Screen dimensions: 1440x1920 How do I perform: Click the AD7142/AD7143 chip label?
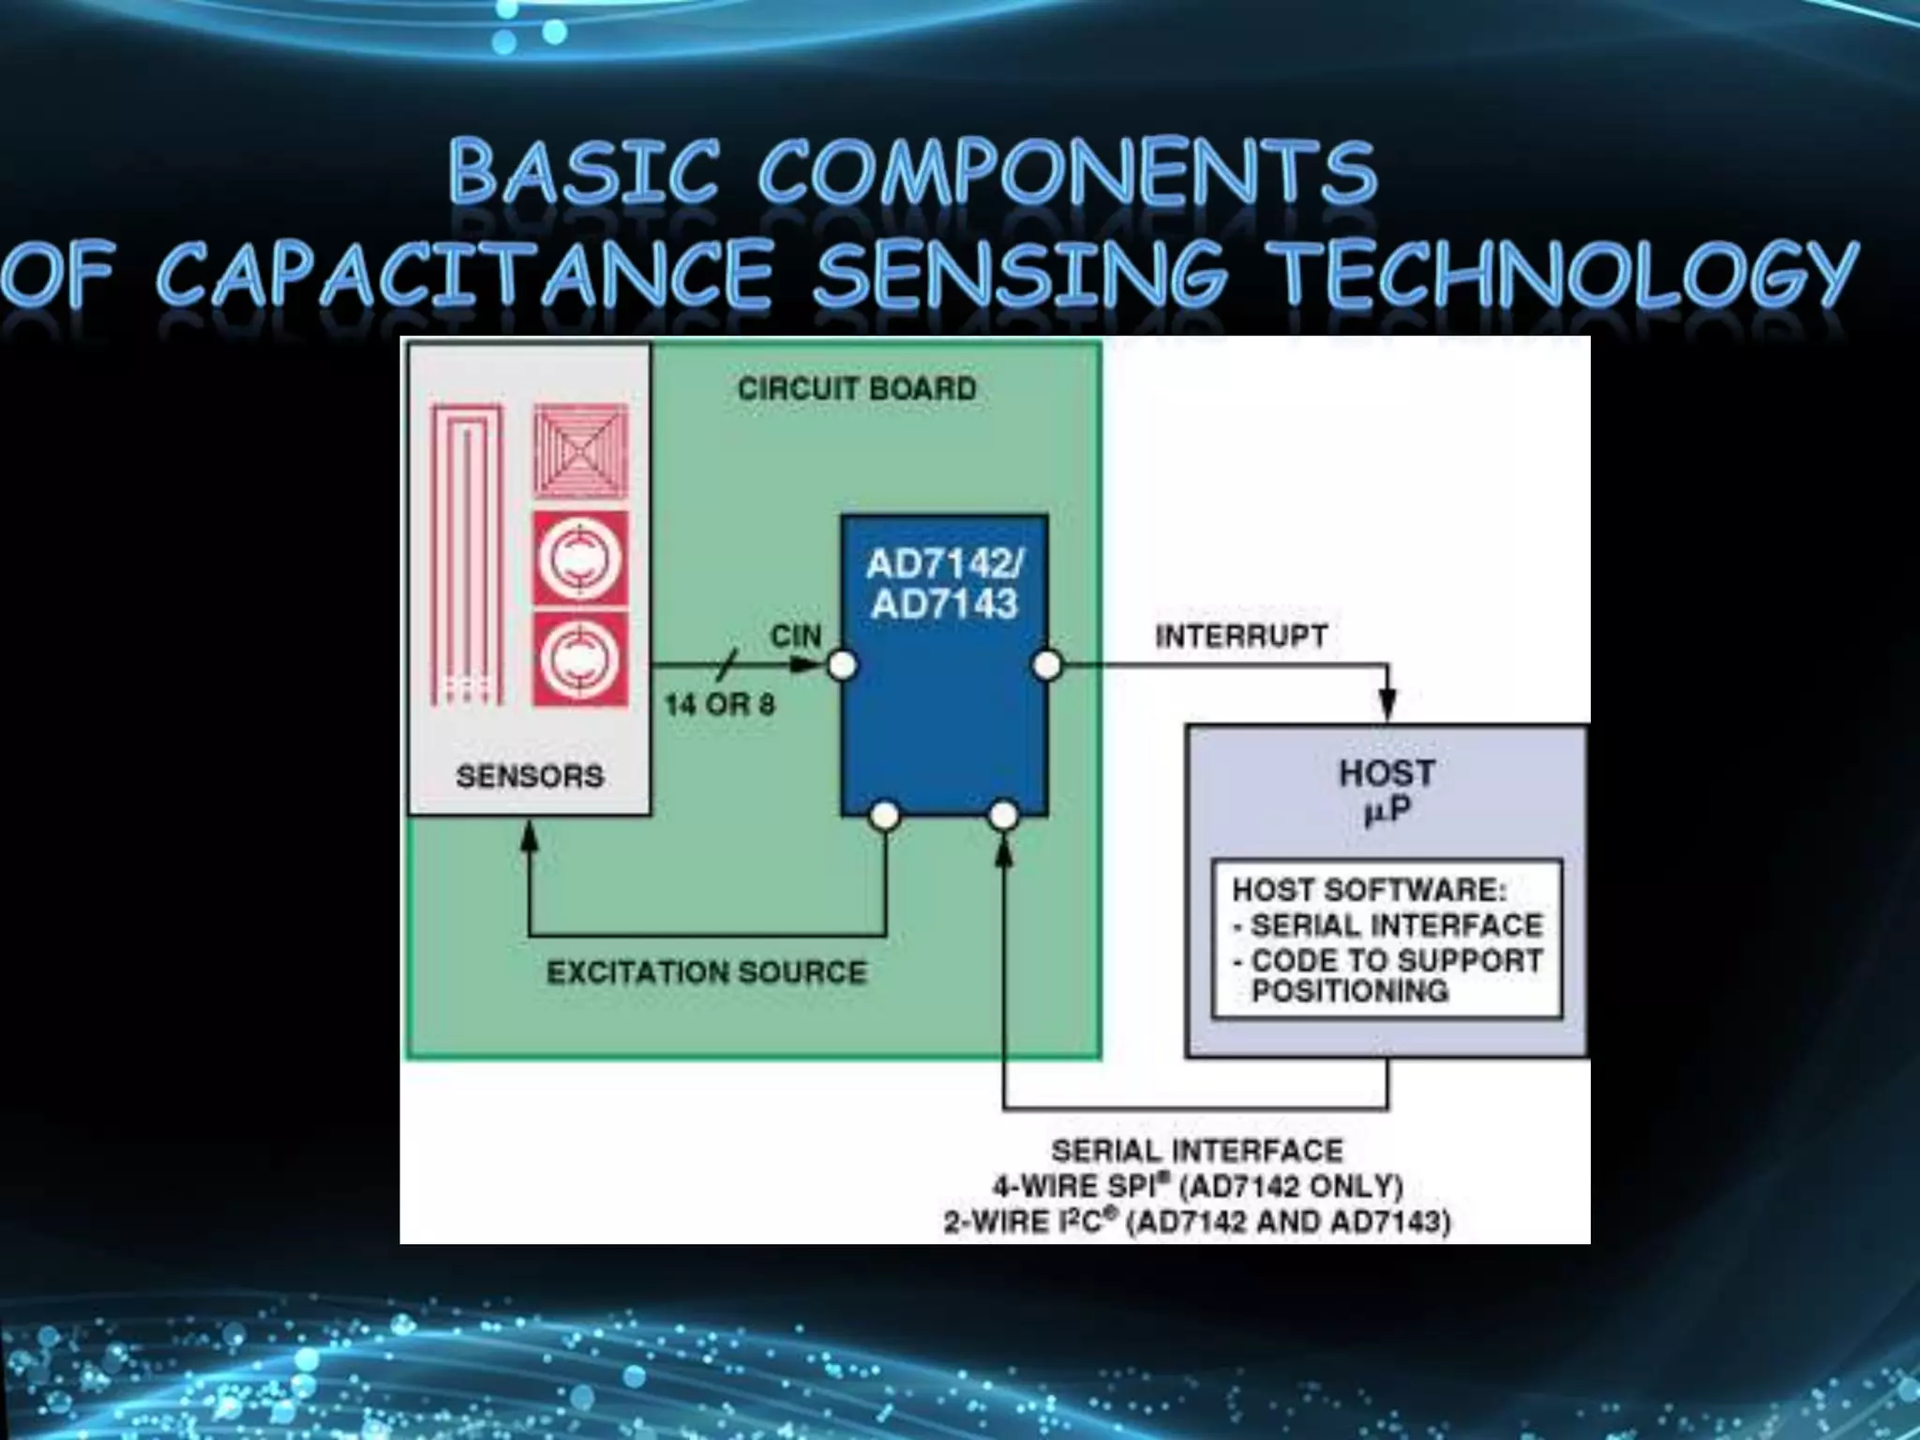coord(944,583)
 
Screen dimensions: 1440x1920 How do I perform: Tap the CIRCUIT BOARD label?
coord(856,388)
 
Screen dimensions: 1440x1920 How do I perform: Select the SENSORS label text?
coord(530,776)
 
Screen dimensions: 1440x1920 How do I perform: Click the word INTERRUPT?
coord(1240,637)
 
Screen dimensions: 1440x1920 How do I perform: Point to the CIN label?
coord(795,637)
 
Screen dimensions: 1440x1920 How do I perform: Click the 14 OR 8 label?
coord(720,704)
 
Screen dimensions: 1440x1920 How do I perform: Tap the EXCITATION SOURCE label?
coord(706,972)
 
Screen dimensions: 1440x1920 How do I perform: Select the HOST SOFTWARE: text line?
coord(1369,890)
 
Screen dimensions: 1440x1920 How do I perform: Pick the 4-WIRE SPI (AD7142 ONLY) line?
coord(1197,1186)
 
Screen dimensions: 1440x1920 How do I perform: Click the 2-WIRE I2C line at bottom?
coord(1197,1222)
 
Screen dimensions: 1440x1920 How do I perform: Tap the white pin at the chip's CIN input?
coord(842,666)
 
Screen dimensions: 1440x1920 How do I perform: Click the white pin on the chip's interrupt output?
coord(1046,666)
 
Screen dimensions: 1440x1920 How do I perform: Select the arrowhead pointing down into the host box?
coord(1387,703)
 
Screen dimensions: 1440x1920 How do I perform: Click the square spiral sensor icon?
coord(580,451)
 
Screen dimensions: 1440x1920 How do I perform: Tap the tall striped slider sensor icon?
coord(466,554)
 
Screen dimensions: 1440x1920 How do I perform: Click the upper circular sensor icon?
coord(580,559)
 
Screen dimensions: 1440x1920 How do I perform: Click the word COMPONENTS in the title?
coord(1067,172)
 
